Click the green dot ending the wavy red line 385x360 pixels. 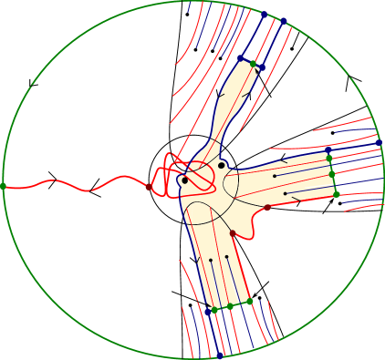click(4, 186)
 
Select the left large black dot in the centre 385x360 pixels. click(185, 180)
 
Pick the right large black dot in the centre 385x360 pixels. click(221, 165)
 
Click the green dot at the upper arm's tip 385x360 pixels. click(254, 64)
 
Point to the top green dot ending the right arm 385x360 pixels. click(329, 157)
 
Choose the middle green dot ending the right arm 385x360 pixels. click(332, 173)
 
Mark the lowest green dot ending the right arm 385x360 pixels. click(336, 193)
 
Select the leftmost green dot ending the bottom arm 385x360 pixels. click(215, 309)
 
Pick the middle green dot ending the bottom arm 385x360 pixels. click(229, 306)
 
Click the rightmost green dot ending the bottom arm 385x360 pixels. click(249, 301)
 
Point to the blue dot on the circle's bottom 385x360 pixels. click(220, 355)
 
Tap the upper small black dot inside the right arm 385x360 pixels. click(275, 175)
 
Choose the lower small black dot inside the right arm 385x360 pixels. click(286, 193)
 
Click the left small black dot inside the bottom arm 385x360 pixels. click(211, 260)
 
